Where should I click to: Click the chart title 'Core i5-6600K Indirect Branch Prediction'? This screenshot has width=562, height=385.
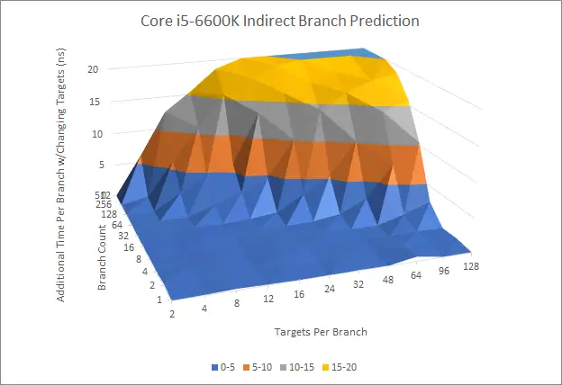pos(280,20)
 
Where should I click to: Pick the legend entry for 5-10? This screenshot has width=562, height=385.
pos(261,367)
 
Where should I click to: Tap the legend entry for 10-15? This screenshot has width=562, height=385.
pos(305,367)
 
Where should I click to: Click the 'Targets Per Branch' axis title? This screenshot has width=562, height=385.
pos(320,332)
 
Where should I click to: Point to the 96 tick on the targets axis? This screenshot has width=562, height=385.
pos(445,273)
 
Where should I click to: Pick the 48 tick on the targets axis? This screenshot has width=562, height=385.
pos(387,283)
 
